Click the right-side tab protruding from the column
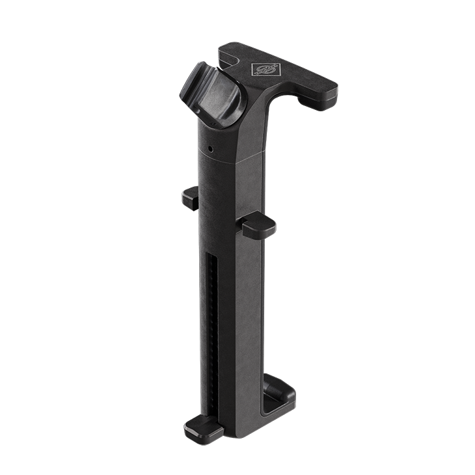tap(258, 224)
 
